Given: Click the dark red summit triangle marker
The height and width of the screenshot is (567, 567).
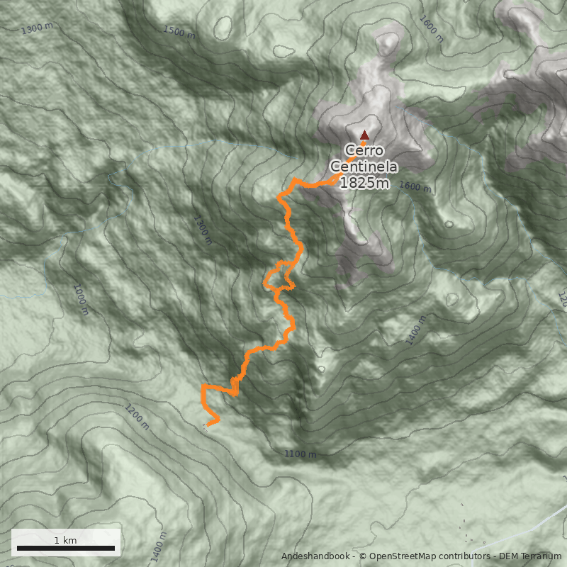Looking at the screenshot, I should tap(364, 135).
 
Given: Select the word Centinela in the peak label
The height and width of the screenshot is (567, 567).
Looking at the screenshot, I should tap(364, 167).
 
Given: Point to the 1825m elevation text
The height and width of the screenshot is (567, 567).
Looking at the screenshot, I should tap(364, 183).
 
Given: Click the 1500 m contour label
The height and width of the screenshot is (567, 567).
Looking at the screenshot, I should tap(179, 32).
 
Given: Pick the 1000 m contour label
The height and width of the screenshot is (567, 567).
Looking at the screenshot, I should tap(80, 300).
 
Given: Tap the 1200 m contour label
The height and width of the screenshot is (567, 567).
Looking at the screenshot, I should tap(137, 417).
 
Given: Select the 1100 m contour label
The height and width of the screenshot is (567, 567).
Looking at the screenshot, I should tap(300, 454).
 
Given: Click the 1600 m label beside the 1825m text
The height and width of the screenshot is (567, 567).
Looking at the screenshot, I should tap(415, 187).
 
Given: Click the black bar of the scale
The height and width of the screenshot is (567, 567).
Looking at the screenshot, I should tap(65, 548).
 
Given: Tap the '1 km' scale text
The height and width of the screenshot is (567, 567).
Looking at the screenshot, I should tap(65, 540).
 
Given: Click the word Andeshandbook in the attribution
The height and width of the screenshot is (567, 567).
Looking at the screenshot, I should tap(316, 556).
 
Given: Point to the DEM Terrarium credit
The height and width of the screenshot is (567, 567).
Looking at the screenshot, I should tap(530, 556).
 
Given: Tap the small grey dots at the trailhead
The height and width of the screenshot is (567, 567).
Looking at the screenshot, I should tap(205, 426).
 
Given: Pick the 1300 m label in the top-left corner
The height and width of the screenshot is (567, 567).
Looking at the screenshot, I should tap(37, 29).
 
